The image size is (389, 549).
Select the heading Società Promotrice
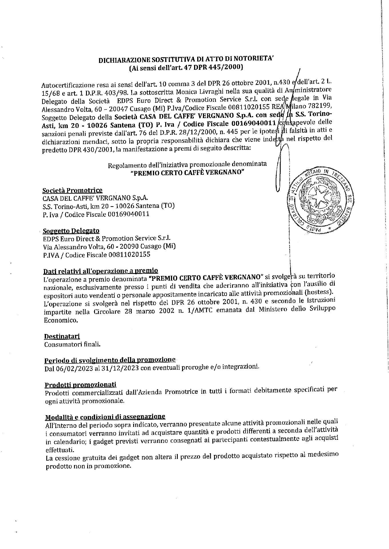point(72,190)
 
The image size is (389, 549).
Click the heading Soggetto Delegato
point(71,231)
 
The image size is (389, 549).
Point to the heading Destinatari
point(62,336)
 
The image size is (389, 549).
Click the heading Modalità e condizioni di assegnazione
point(105,416)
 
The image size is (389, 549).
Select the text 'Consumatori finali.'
point(72,344)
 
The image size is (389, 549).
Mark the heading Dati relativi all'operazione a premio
point(100,270)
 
